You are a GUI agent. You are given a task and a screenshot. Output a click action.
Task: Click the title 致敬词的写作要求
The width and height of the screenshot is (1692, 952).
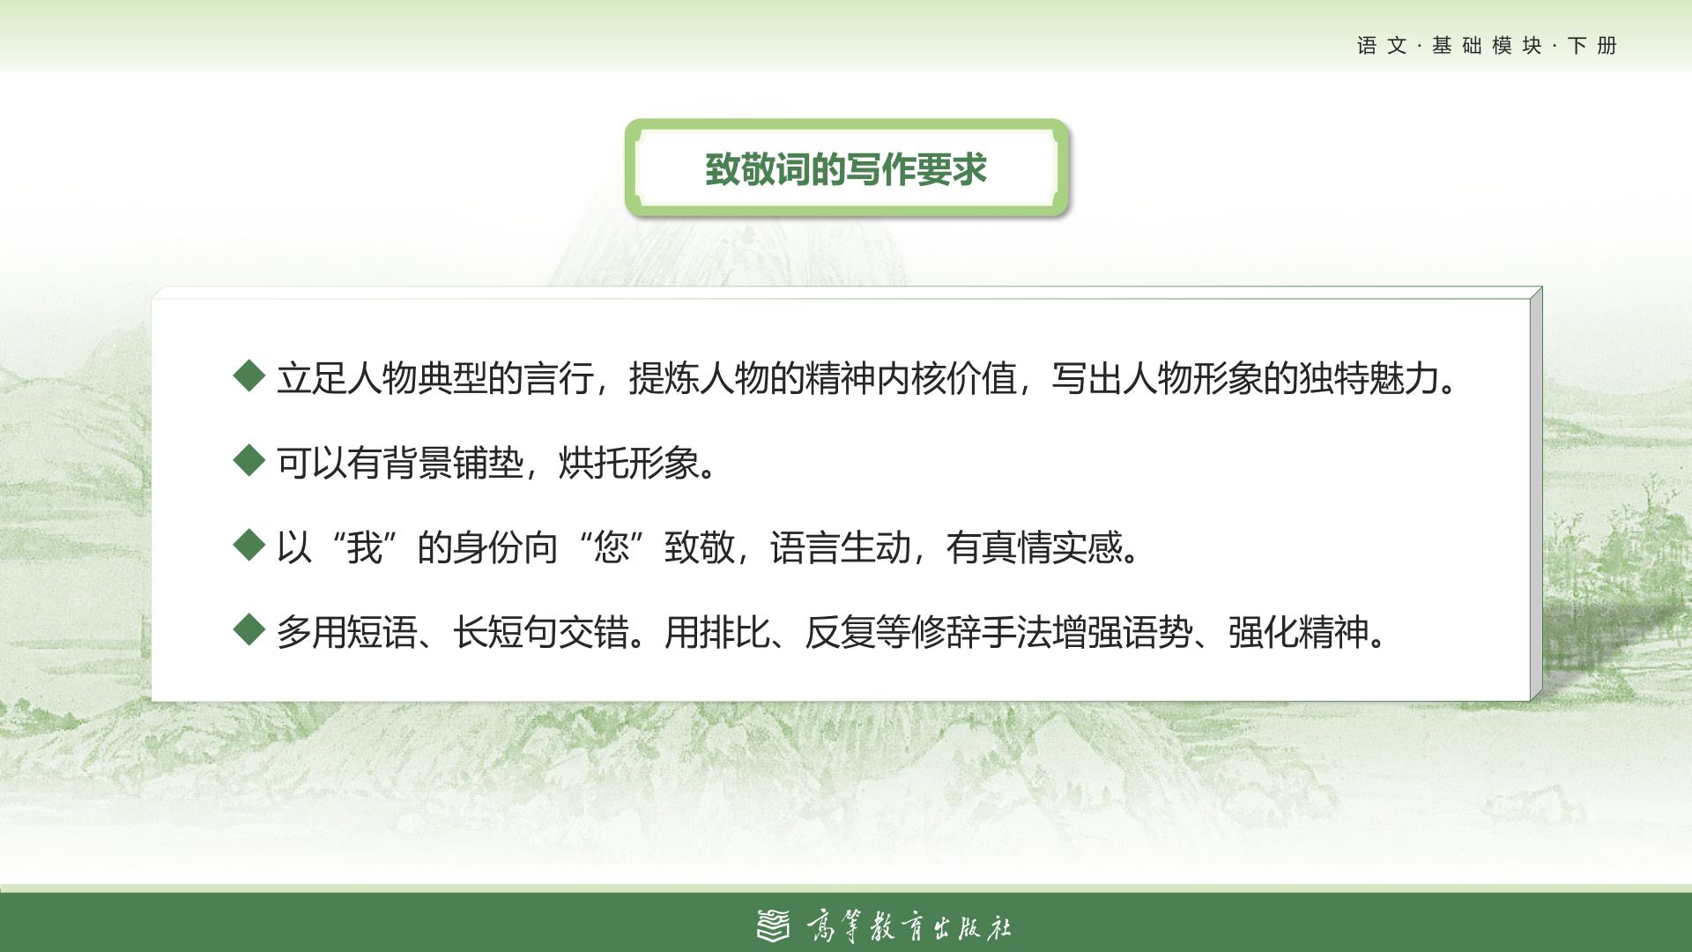846,168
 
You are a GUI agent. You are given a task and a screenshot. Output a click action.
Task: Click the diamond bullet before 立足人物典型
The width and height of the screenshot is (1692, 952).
249,376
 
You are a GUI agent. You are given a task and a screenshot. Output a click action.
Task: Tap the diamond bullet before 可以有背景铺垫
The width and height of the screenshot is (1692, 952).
249,459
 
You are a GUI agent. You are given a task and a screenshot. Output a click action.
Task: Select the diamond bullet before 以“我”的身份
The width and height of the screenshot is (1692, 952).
249,545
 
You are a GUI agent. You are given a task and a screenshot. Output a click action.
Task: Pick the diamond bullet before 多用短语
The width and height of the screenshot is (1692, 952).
249,629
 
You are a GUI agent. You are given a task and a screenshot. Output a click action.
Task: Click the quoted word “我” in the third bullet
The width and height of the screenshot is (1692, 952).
364,547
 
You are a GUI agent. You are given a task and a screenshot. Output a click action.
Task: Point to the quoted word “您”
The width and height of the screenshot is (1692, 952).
611,547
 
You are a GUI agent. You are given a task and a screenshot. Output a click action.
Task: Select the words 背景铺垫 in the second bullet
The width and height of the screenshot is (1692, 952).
453,463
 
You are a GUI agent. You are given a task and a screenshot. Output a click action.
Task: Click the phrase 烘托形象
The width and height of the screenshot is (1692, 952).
628,463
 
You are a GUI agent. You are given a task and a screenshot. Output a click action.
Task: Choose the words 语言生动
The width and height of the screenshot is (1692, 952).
840,547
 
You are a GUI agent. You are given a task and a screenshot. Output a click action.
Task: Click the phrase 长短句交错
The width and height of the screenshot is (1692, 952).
540,632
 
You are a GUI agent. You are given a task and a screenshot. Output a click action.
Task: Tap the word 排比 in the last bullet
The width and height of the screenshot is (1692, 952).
734,632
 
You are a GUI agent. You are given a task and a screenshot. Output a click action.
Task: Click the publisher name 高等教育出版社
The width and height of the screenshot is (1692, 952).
909,926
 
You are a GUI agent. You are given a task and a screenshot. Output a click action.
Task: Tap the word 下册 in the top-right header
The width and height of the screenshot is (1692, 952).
1592,46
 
